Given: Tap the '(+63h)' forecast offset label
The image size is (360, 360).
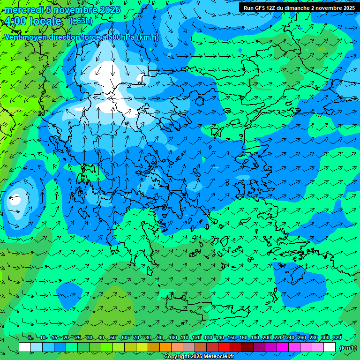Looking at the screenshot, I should pos(81,21).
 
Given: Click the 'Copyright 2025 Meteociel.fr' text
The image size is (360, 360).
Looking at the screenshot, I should pos(199,357).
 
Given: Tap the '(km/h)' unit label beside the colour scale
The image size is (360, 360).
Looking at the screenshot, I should pos(347,348).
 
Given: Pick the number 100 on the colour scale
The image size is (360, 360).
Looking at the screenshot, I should pos(173,337).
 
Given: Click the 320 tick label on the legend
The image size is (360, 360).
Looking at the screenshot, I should pos(337,337).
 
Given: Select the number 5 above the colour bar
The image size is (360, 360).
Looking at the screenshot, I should pos(30,337).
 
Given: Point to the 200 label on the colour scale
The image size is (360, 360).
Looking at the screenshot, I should pos(267,337).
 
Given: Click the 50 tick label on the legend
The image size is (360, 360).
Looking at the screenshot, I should pos(113,337).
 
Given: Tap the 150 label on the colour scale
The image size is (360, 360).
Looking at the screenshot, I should pos(232,337).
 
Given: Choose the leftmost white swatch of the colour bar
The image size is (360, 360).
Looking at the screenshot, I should pos(25,347).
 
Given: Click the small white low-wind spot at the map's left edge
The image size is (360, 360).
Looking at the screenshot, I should pos(15,199).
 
